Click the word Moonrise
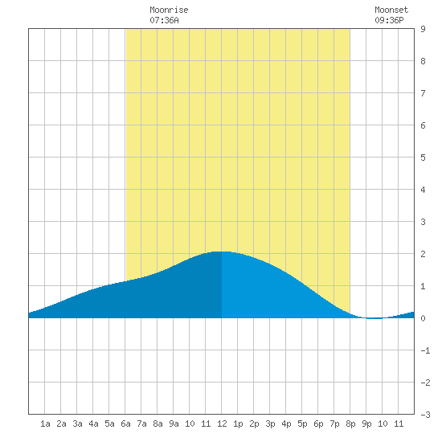[x=169, y=10]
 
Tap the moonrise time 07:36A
[x=164, y=20]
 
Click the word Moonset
[x=391, y=10]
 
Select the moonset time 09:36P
[x=389, y=20]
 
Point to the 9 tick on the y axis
[x=423, y=29]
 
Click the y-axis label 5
[x=423, y=158]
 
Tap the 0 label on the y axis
[x=423, y=318]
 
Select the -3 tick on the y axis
[x=425, y=415]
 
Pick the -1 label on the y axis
[x=425, y=350]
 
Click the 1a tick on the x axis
[x=45, y=424]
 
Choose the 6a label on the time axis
[x=125, y=424]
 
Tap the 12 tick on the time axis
[x=222, y=424]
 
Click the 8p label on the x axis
[x=350, y=424]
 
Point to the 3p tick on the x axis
[x=270, y=424]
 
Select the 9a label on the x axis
[x=174, y=424]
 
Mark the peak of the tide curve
[x=220, y=252]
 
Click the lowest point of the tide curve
[x=375, y=318]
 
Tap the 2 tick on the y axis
[x=423, y=254]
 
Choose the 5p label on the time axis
[x=302, y=424]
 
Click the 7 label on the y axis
[x=423, y=93]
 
